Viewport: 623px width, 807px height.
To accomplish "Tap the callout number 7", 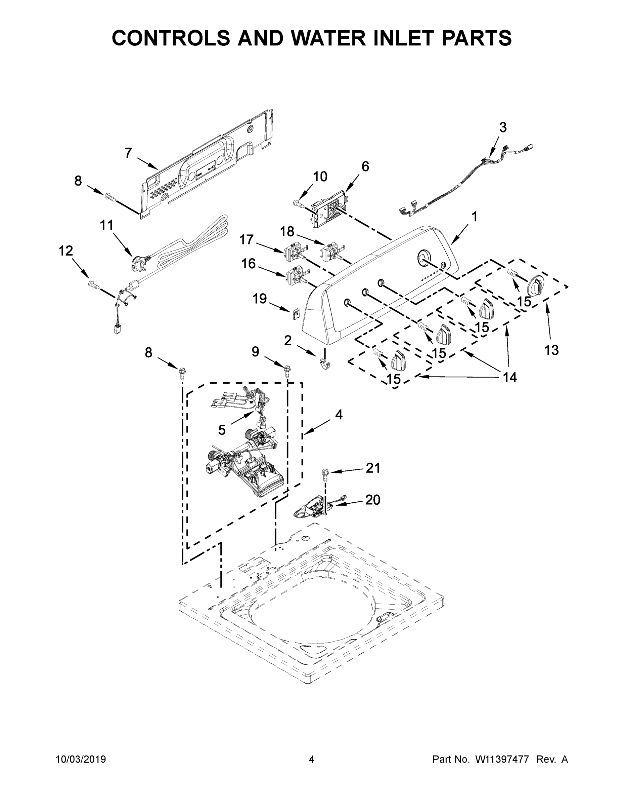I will click(x=128, y=153).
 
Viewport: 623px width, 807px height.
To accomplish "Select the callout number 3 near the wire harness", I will click(x=503, y=127).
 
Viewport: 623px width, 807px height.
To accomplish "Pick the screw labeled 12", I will click(x=94, y=284).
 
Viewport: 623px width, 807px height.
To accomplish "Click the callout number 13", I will click(x=551, y=350).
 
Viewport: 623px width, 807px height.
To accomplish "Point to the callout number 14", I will click(x=510, y=377).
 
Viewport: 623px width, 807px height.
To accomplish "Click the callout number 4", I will click(x=339, y=415).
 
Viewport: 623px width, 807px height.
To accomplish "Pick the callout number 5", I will click(x=222, y=430).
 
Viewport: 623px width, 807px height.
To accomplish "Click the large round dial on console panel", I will click(x=424, y=258).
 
